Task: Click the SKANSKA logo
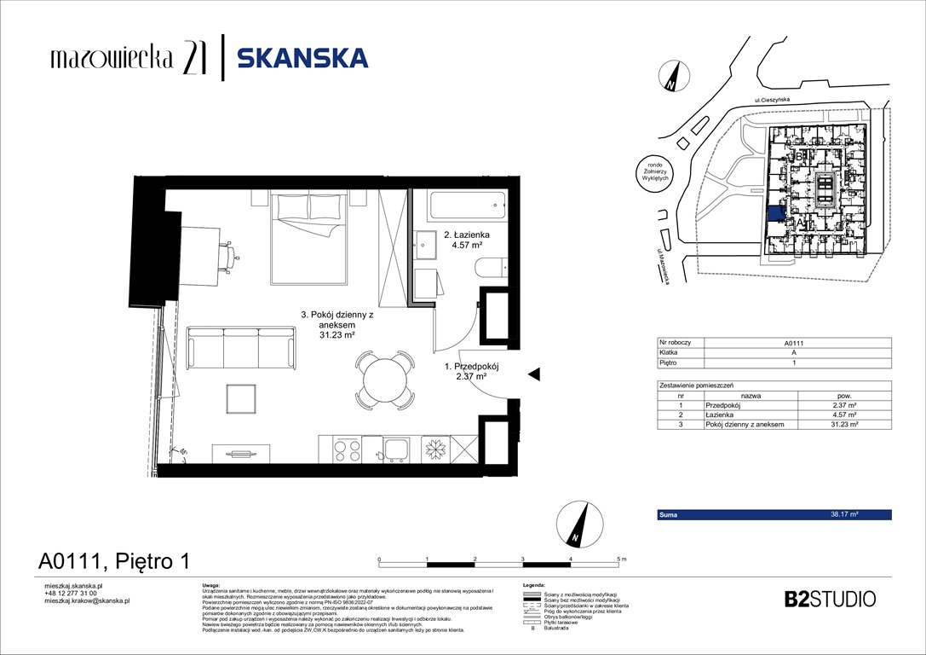302,58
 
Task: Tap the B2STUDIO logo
829,599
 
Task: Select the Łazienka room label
465,235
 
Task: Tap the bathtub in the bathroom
466,206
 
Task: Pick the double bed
308,239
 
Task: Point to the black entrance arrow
534,374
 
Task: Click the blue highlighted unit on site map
775,214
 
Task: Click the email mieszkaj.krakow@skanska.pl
86,600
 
